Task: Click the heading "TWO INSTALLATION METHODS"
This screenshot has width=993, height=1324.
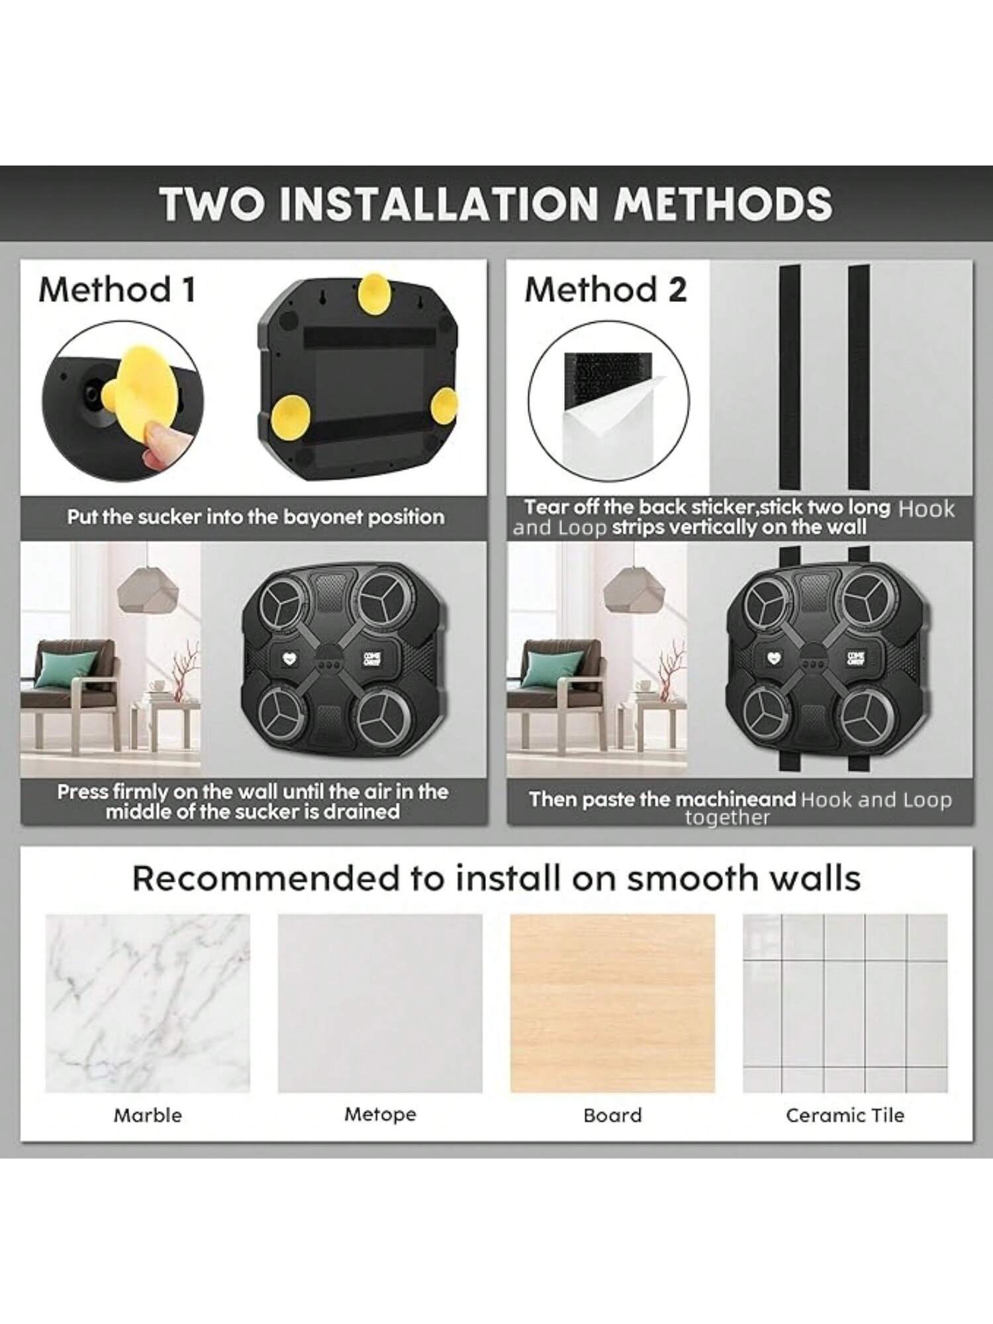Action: click(496, 203)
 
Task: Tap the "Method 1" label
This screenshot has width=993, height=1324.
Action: click(117, 289)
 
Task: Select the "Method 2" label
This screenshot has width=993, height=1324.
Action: click(606, 289)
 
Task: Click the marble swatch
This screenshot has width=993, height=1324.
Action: click(148, 1004)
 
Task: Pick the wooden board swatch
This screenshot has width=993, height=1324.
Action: click(612, 1004)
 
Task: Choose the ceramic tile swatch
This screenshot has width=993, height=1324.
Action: click(845, 1004)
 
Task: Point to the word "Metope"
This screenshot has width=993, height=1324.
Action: click(380, 1114)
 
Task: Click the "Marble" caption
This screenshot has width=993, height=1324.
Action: click(148, 1115)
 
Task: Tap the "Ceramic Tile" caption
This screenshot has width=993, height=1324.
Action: click(845, 1115)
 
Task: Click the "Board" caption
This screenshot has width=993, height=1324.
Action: click(612, 1115)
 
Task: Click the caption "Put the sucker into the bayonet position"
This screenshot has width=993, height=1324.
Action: click(256, 517)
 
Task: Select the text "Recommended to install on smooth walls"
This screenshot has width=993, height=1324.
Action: click(496, 878)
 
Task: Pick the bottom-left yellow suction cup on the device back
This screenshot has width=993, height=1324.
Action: click(290, 414)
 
